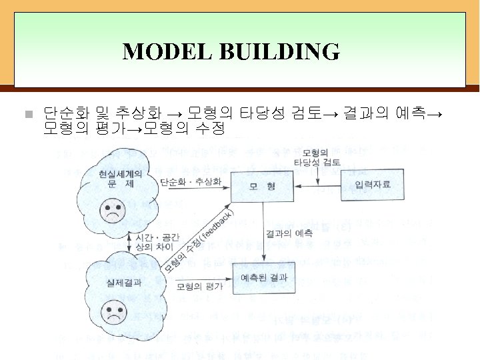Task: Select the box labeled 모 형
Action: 262,186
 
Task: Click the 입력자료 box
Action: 372,185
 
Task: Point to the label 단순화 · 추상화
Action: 190,181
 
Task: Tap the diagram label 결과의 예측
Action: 289,233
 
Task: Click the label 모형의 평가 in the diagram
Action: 200,287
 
